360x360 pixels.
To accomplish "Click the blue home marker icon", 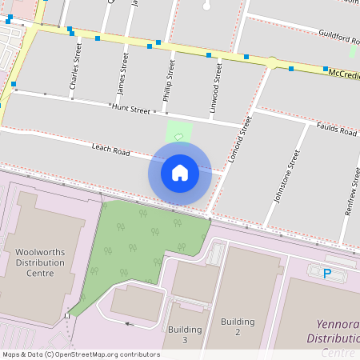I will click(180, 172).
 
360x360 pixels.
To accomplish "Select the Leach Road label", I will click(110, 150).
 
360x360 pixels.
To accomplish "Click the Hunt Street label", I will click(130, 109).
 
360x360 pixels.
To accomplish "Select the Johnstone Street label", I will click(285, 175).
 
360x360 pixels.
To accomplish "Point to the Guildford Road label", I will click(338, 38).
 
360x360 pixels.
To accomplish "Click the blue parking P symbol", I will click(326, 273).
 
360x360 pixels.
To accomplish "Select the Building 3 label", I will click(185, 334).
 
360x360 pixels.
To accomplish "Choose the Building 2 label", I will click(238, 326).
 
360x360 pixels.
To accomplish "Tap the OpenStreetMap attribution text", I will click(81, 354).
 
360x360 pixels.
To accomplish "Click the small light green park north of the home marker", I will click(178, 132).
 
